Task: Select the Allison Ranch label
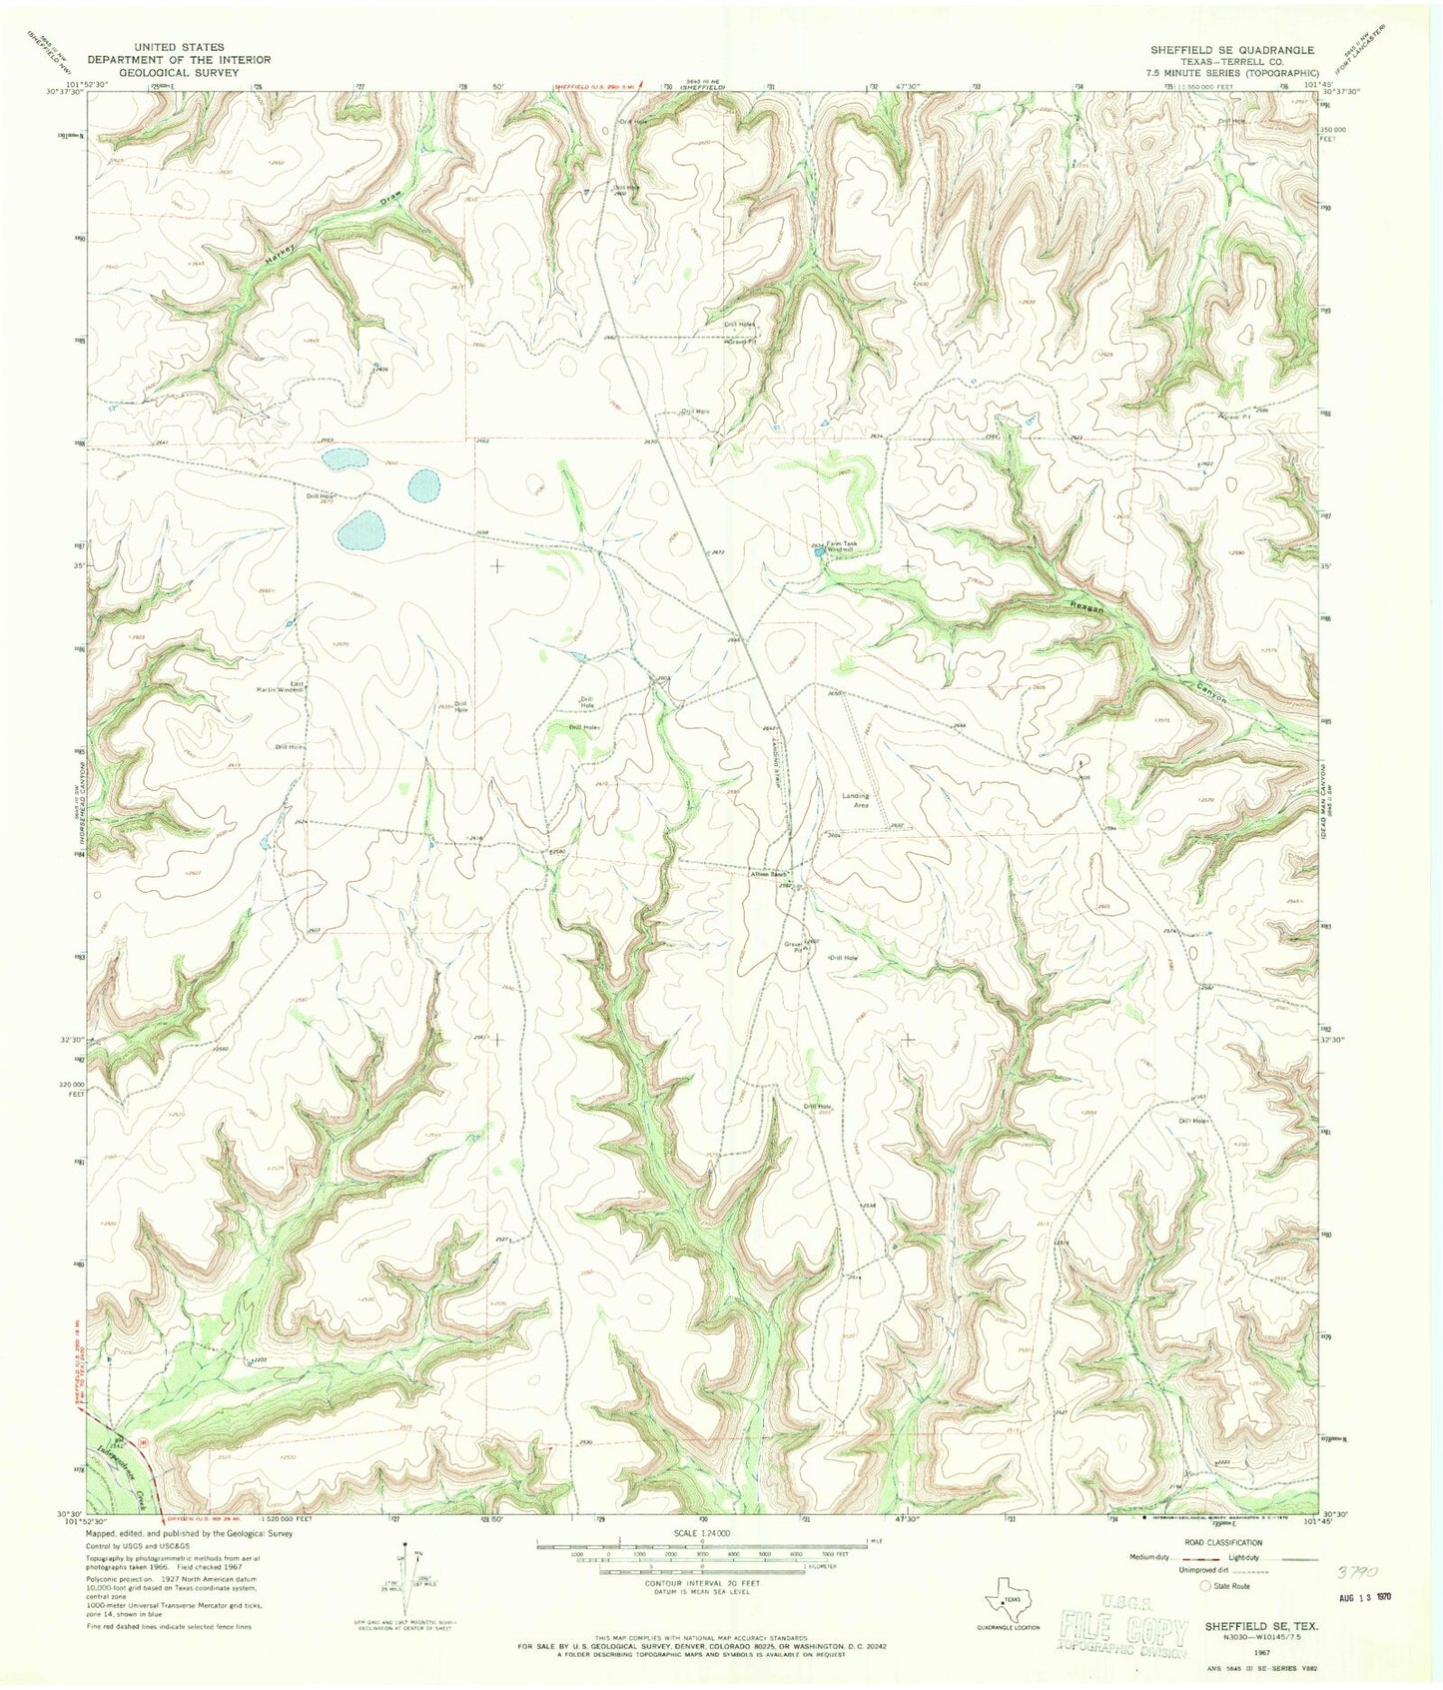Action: pos(771,875)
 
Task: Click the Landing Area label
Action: pos(856,800)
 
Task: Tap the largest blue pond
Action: pos(361,532)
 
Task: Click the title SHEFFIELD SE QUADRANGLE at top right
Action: pos(1231,49)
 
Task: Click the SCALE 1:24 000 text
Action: pos(702,1533)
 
